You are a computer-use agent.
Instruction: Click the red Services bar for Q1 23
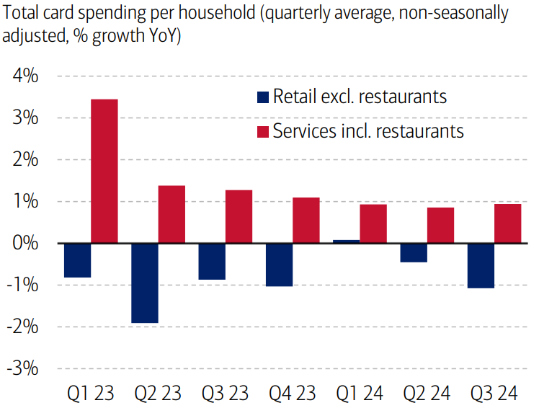coord(104,171)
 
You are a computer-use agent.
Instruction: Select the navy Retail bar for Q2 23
coord(144,283)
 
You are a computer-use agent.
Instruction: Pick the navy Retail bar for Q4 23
coord(279,265)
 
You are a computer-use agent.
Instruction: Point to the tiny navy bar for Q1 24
coord(346,241)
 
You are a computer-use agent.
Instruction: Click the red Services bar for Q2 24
coord(441,225)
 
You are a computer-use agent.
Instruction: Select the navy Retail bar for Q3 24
coord(481,265)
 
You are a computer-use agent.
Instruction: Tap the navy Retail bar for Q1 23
coord(77,260)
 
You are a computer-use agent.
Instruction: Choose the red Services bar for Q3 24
coord(508,223)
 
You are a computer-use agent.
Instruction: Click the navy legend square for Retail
coord(263,97)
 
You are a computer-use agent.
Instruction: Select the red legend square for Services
coord(263,131)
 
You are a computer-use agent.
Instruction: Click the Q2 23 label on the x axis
coord(158,394)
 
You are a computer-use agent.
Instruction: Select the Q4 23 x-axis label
coord(293,394)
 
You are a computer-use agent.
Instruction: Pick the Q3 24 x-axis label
coord(494,394)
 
